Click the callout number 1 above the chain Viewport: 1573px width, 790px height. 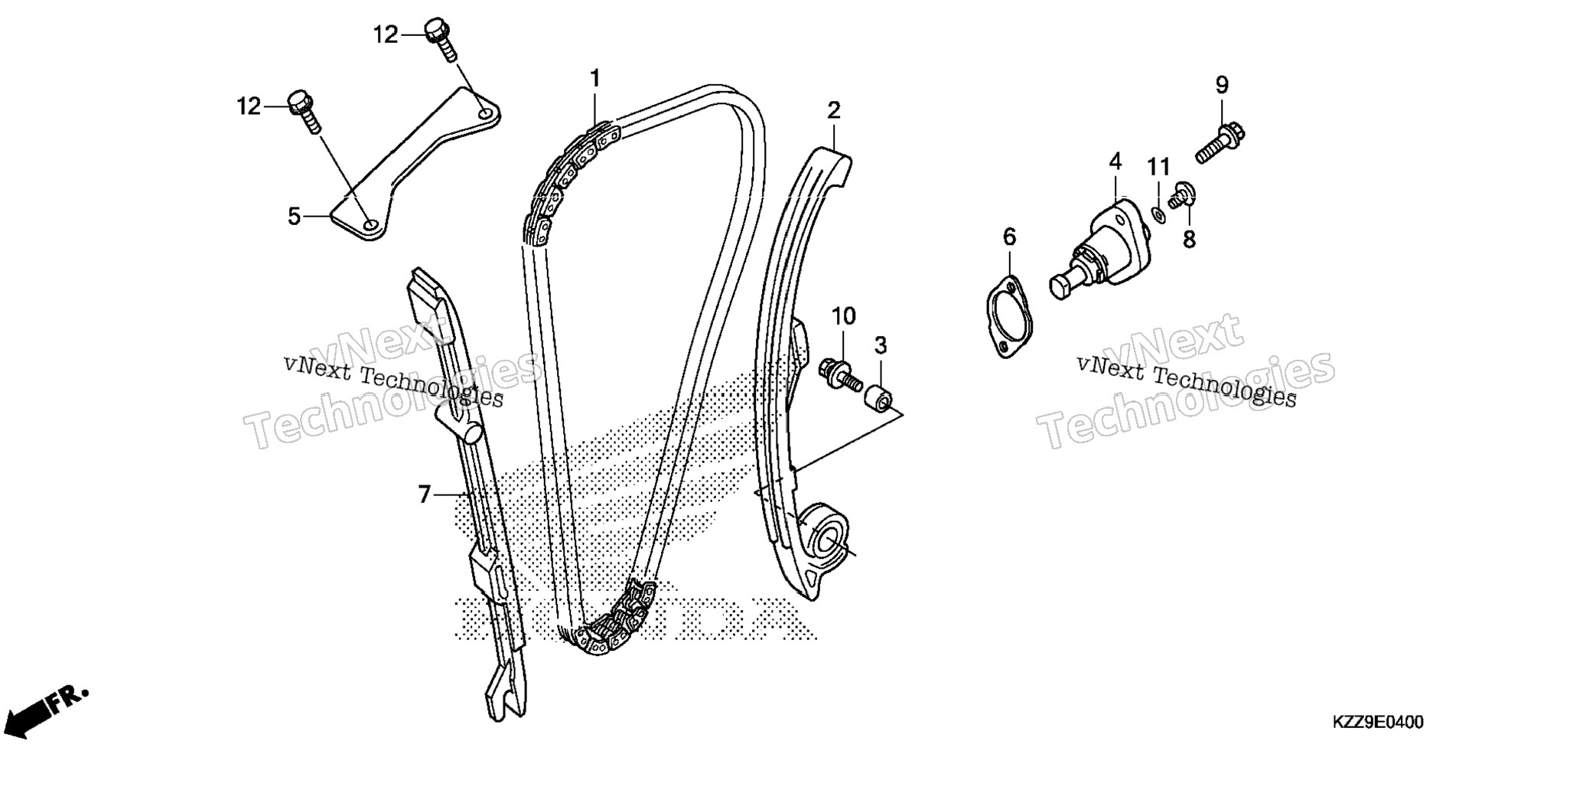click(x=594, y=78)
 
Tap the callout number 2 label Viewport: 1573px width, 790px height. click(x=833, y=110)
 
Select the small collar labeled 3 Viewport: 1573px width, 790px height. click(x=877, y=398)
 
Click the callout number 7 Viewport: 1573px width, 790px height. click(x=425, y=495)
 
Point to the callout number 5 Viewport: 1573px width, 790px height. click(x=295, y=217)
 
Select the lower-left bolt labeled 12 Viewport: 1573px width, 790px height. click(x=304, y=112)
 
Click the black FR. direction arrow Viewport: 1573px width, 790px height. click(x=45, y=709)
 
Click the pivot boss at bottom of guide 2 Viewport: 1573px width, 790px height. click(x=825, y=536)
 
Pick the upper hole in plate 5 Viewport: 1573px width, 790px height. click(x=486, y=114)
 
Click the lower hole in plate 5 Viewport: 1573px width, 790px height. click(x=370, y=225)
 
